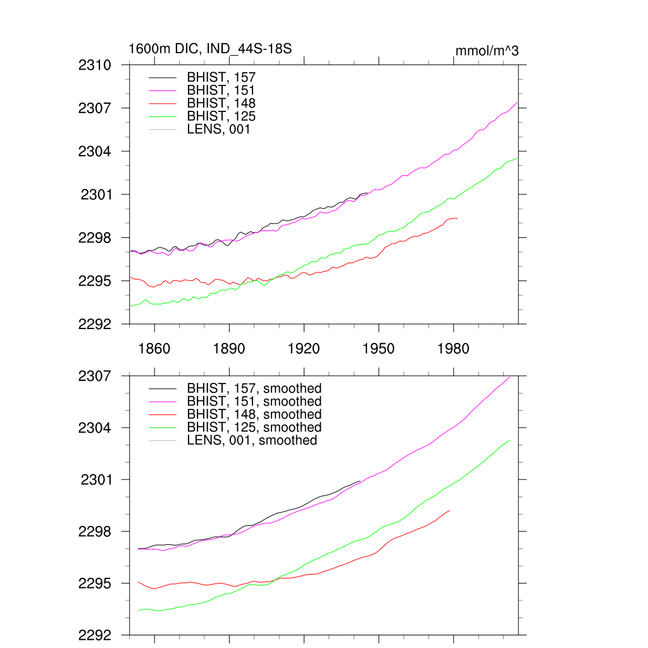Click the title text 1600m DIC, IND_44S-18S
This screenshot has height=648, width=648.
(209, 49)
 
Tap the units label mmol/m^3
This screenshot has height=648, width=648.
(487, 51)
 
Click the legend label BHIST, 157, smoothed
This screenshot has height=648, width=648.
(254, 388)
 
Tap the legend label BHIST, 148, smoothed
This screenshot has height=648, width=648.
(254, 414)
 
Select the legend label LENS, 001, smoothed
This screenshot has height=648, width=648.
(252, 440)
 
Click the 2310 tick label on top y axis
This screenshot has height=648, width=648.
(96, 65)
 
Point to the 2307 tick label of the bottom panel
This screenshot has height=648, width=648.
(96, 376)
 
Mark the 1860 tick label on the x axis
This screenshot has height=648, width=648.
(154, 349)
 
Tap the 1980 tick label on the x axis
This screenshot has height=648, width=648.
(453, 349)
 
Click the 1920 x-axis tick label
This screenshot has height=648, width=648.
(304, 349)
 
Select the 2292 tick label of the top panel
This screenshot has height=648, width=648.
(96, 324)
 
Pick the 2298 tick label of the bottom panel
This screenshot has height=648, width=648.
(96, 532)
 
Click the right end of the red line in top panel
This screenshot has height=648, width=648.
(457, 218)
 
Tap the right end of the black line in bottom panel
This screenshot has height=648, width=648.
(360, 481)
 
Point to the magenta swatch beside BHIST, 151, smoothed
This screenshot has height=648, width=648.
(162, 401)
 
